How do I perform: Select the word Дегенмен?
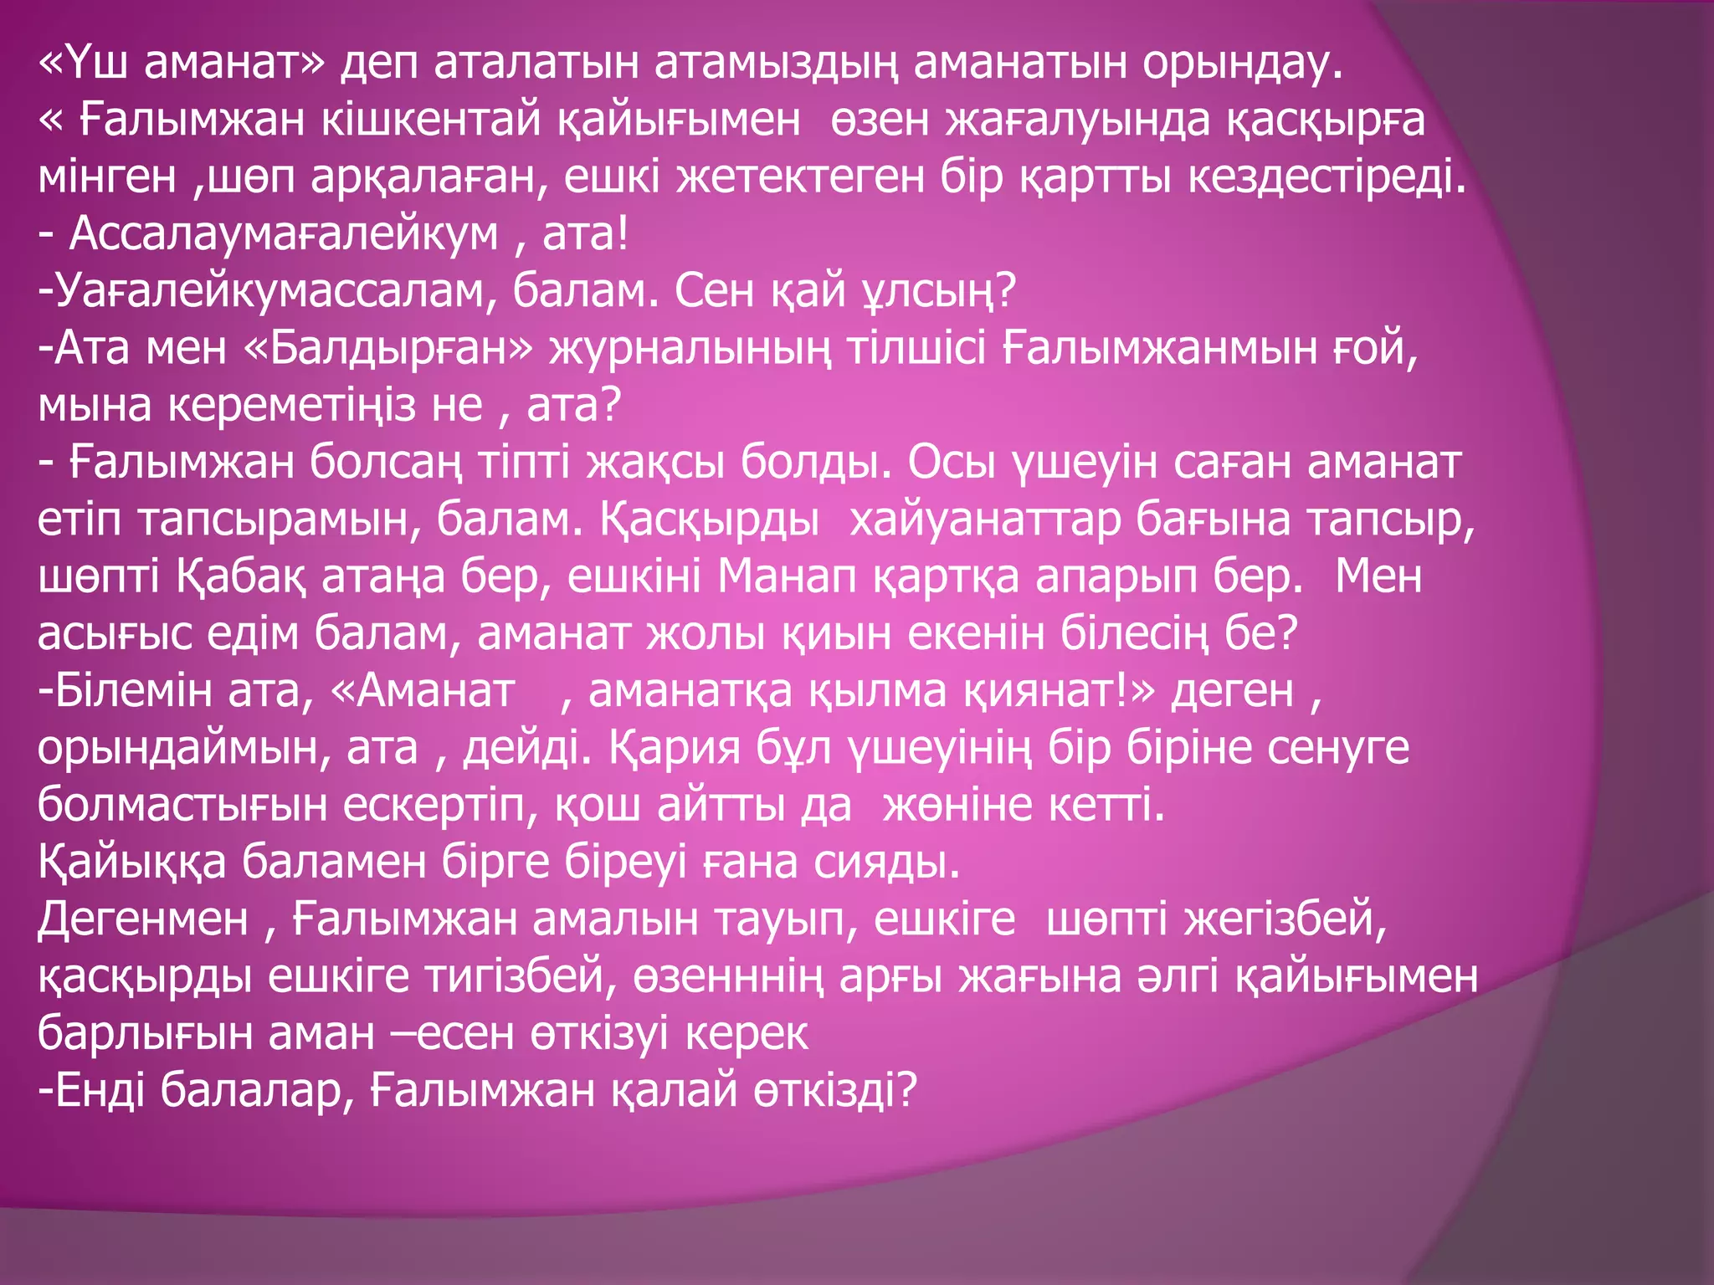(x=143, y=919)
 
